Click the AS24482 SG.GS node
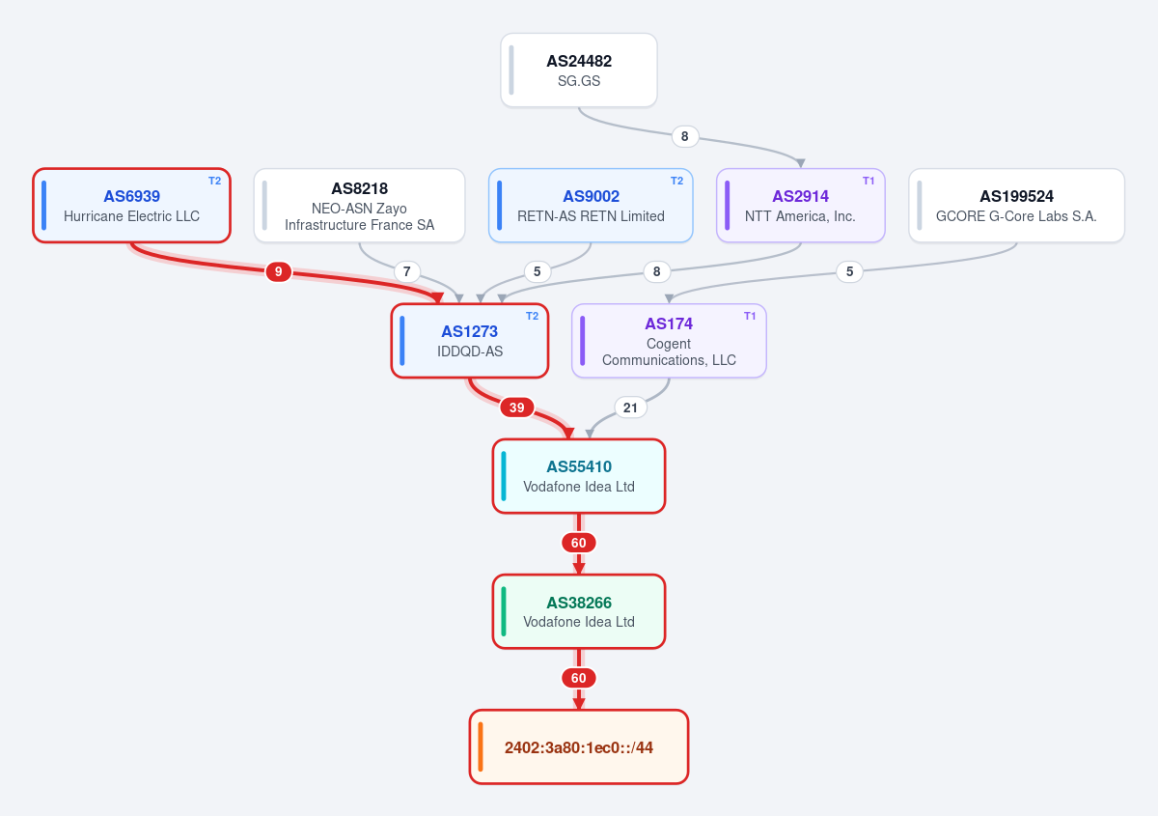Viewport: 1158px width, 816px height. coord(578,70)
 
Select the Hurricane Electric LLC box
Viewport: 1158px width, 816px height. coord(131,206)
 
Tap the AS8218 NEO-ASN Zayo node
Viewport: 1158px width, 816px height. coord(359,206)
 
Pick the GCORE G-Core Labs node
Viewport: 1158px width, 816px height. coord(1016,206)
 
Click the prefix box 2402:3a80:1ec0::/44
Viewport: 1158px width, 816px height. coord(578,747)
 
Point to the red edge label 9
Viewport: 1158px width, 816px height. coord(278,271)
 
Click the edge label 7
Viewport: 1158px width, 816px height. coord(407,271)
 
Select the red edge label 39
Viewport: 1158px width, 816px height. coord(516,408)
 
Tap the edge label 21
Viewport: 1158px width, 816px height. coord(630,408)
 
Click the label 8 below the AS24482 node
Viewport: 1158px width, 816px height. coord(684,136)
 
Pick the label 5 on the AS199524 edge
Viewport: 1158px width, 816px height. coord(849,271)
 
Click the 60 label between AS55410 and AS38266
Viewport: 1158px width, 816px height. coord(578,543)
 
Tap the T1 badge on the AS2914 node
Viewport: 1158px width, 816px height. coord(868,182)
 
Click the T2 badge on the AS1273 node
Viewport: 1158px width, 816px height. coord(532,316)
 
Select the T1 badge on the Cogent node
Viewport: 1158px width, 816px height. coord(750,316)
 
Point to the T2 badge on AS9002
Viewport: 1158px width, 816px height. coord(676,182)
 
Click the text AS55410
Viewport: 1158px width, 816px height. coord(579,466)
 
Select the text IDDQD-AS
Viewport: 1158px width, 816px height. coord(470,352)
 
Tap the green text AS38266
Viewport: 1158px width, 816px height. coord(579,603)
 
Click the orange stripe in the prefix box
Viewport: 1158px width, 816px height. coord(481,747)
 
